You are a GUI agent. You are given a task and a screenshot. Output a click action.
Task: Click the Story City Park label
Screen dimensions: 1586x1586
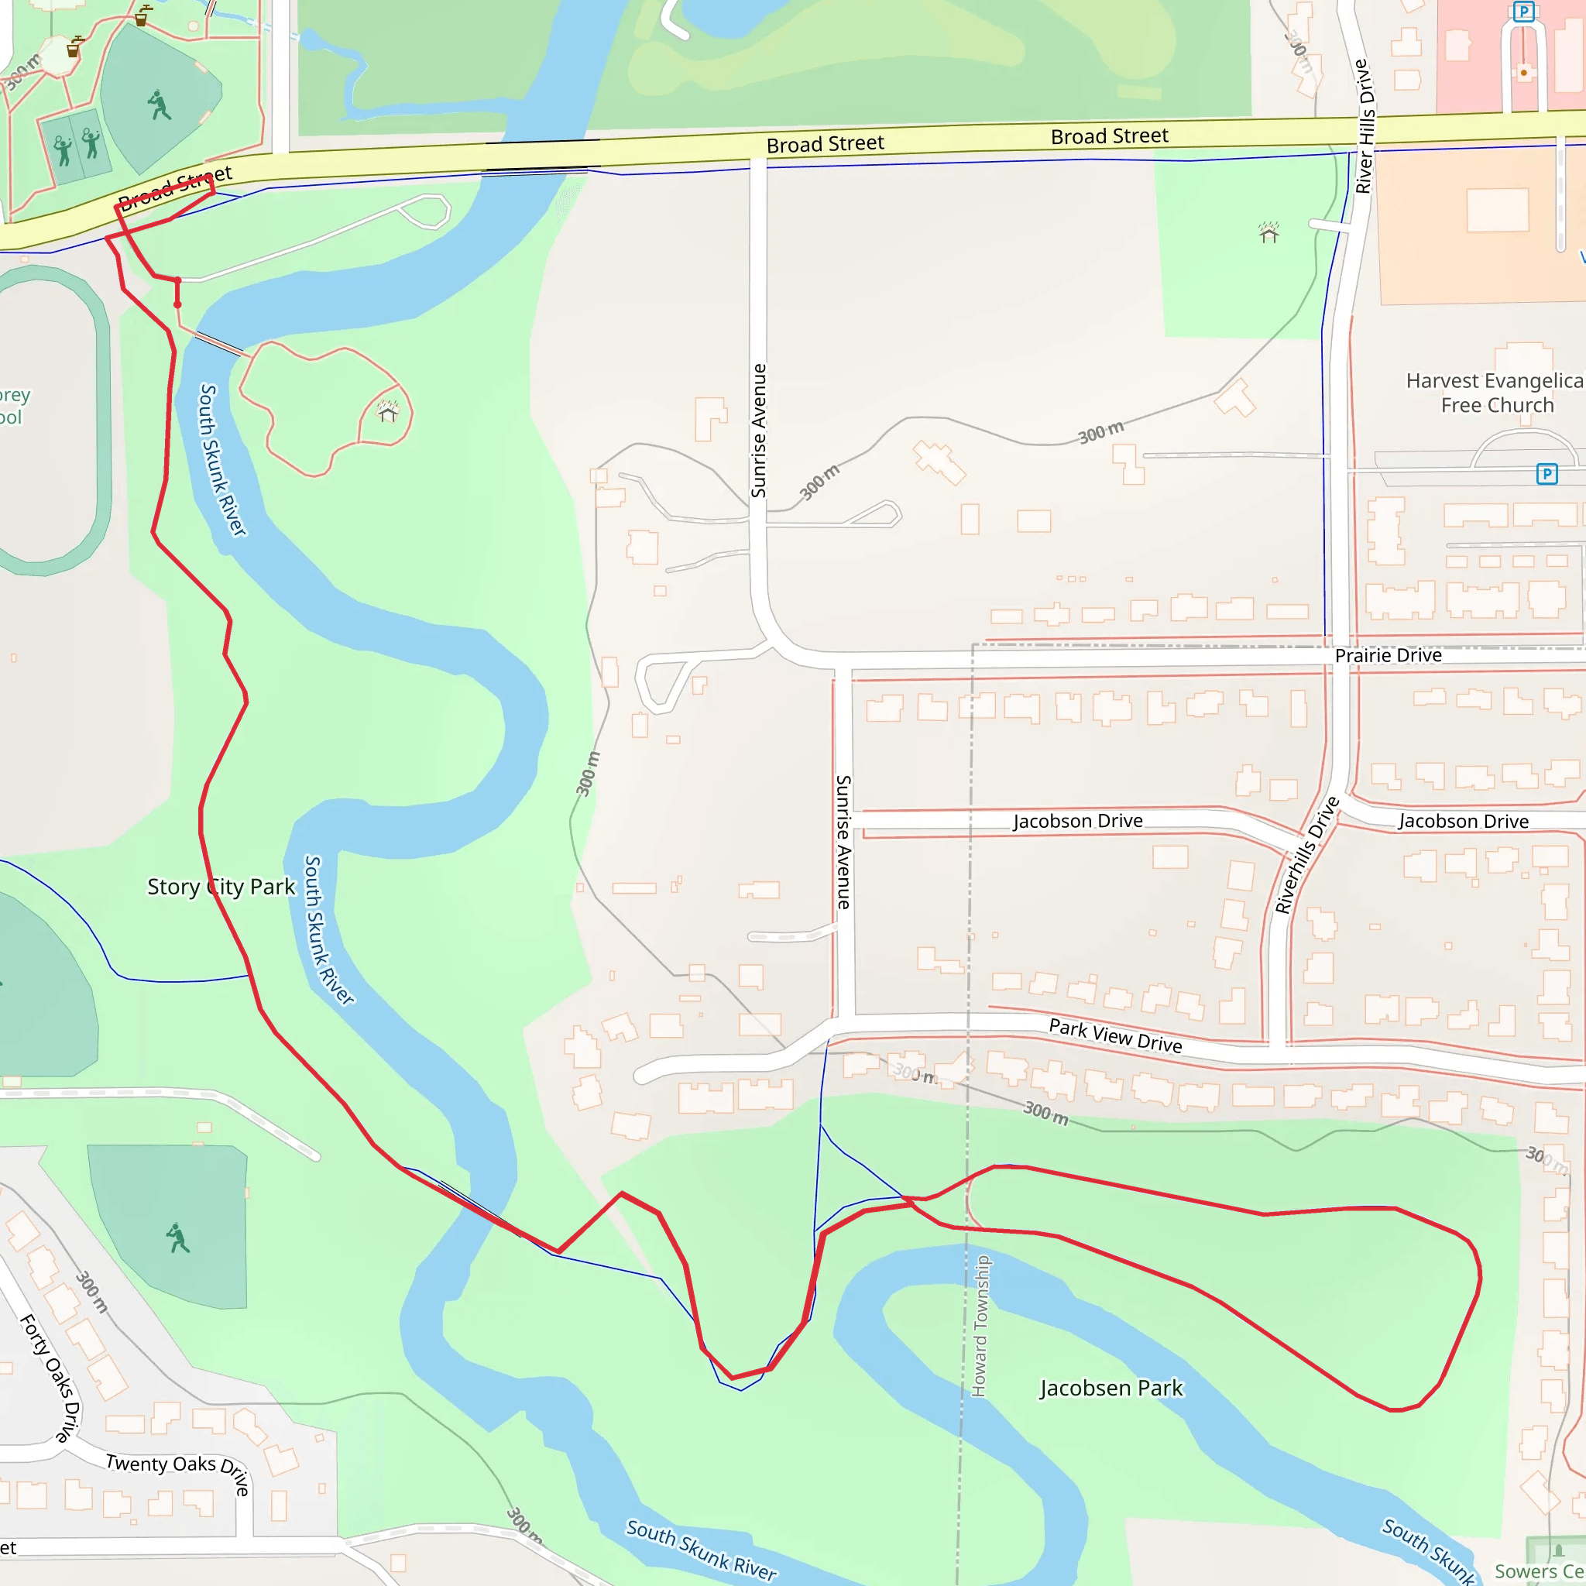221,887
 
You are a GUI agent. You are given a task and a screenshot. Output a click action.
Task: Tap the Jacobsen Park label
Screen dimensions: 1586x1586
1111,1389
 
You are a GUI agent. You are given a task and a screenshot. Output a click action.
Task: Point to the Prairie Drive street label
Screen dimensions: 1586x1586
1389,655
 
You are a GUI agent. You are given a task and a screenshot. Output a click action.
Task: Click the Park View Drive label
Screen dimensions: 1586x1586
1115,1036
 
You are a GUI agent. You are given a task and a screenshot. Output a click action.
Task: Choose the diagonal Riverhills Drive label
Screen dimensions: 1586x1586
1306,855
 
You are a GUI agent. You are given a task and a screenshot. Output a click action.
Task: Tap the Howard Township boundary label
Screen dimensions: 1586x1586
980,1326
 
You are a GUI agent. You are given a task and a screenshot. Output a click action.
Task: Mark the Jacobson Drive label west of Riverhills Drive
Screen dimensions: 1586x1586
1077,821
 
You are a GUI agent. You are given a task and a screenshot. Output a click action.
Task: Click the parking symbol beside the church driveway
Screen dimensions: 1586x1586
1547,474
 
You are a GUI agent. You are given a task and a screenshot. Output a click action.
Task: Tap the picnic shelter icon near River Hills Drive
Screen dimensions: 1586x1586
1269,233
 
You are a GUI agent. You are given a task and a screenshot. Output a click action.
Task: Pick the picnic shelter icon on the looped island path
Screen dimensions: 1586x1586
387,410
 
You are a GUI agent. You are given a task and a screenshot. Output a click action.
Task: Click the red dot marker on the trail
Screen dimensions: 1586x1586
177,304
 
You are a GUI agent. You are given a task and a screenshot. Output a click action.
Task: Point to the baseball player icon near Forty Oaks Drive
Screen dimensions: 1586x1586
177,1239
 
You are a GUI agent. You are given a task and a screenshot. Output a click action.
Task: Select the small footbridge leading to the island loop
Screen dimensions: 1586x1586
219,344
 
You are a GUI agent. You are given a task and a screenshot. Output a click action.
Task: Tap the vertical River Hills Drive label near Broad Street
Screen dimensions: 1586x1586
1364,126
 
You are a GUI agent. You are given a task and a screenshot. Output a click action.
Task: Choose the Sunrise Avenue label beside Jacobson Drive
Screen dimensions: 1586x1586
843,842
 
